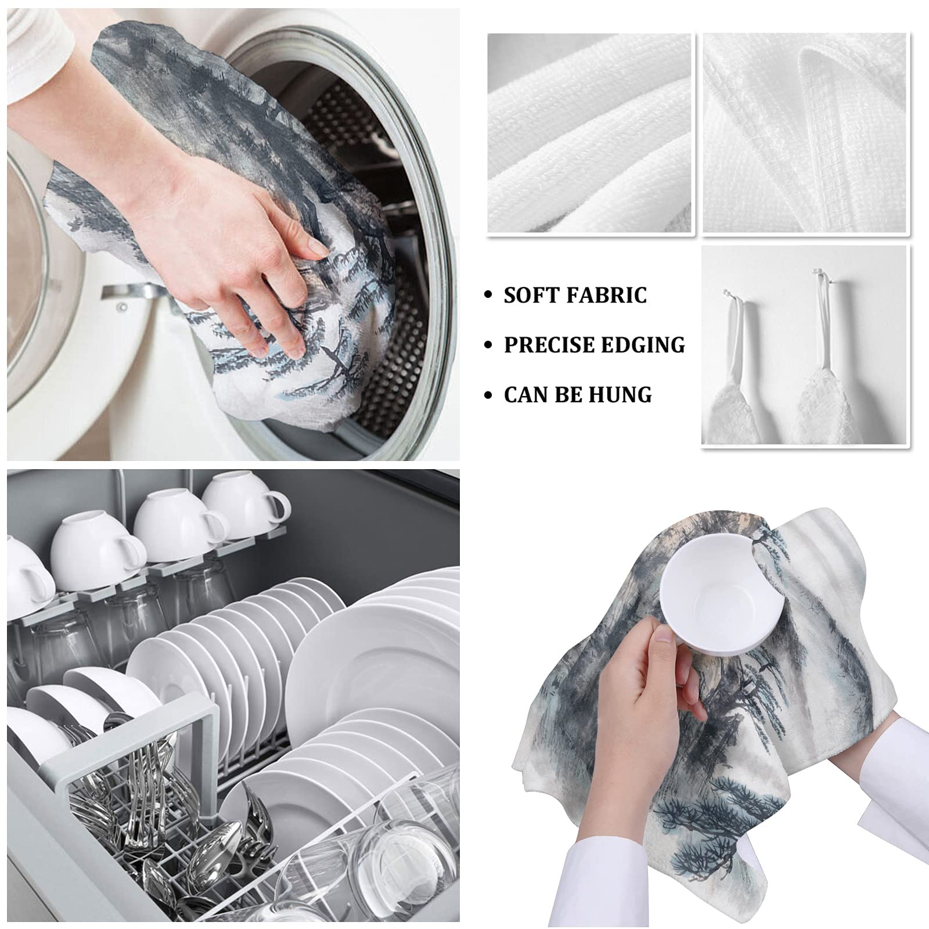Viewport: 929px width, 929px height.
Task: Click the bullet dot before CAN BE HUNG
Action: point(489,395)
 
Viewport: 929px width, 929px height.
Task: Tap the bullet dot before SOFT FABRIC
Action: point(489,296)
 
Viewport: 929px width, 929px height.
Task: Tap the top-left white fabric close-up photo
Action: point(590,134)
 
